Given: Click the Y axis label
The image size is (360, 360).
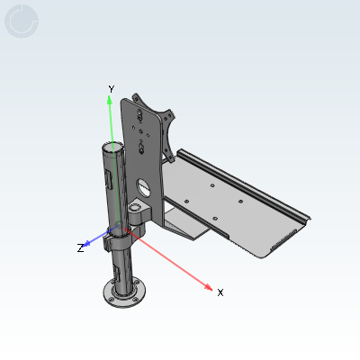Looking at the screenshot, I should (x=111, y=88).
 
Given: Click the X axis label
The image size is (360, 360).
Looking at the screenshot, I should (x=220, y=292).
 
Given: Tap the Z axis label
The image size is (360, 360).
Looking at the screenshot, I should (x=80, y=247).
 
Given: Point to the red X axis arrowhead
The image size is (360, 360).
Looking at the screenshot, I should (x=209, y=287).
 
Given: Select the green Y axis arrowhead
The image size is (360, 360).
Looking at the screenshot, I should (x=110, y=100).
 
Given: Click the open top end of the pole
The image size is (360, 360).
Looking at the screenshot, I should (x=112, y=146).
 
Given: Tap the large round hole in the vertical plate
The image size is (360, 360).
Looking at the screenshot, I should (x=143, y=187).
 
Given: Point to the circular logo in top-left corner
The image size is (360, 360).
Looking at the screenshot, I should (x=22, y=22).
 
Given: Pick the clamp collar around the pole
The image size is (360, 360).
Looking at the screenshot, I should (x=117, y=240).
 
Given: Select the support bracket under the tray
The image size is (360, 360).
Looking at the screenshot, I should (x=184, y=225).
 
